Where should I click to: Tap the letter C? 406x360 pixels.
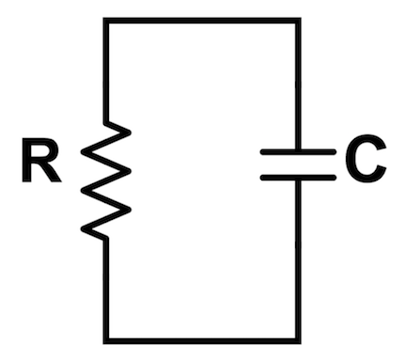pos(366,163)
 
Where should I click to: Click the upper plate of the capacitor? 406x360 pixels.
pos(298,150)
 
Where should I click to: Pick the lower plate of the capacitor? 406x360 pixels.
pos(298,177)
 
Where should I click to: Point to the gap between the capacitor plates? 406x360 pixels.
pos(298,164)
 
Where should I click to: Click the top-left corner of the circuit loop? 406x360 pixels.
pos(105,21)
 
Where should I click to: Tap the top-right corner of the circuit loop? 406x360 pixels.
pos(299,21)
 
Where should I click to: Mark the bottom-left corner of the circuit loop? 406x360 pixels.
pos(105,338)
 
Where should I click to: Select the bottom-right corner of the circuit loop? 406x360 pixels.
pos(299,338)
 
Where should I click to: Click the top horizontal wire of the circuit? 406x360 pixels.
pos(202,21)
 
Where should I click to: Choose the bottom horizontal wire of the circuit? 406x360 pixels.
pos(202,338)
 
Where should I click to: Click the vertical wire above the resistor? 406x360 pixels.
pos(105,70)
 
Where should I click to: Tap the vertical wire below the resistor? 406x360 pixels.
pos(105,287)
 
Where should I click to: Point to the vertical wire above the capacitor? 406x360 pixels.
pos(299,85)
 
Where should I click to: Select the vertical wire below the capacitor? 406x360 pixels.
pos(299,258)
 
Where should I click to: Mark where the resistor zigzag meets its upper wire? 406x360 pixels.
pos(105,122)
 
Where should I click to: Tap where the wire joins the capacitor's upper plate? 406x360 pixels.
pos(299,148)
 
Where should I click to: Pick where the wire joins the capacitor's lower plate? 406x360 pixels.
pos(299,180)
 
